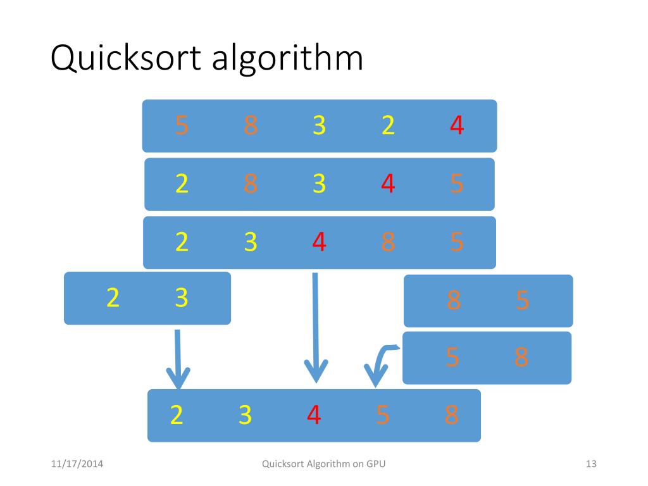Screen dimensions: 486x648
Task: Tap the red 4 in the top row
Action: point(456,126)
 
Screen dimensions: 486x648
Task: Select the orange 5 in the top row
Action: point(182,126)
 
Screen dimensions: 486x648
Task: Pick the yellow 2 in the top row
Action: point(388,126)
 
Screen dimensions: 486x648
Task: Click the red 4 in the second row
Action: point(388,184)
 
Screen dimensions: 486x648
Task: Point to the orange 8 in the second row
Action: point(251,184)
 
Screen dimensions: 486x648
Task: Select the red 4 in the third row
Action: point(319,242)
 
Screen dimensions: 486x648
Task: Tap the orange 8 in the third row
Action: point(388,242)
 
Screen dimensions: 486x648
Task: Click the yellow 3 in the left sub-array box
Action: point(182,297)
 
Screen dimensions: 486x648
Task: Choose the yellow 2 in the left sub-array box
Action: point(113,297)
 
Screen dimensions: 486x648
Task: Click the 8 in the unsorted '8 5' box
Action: point(453,300)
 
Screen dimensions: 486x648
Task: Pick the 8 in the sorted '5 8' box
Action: point(521,358)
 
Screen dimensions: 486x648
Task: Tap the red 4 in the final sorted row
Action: point(314,415)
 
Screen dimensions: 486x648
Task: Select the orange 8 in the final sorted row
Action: point(451,415)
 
